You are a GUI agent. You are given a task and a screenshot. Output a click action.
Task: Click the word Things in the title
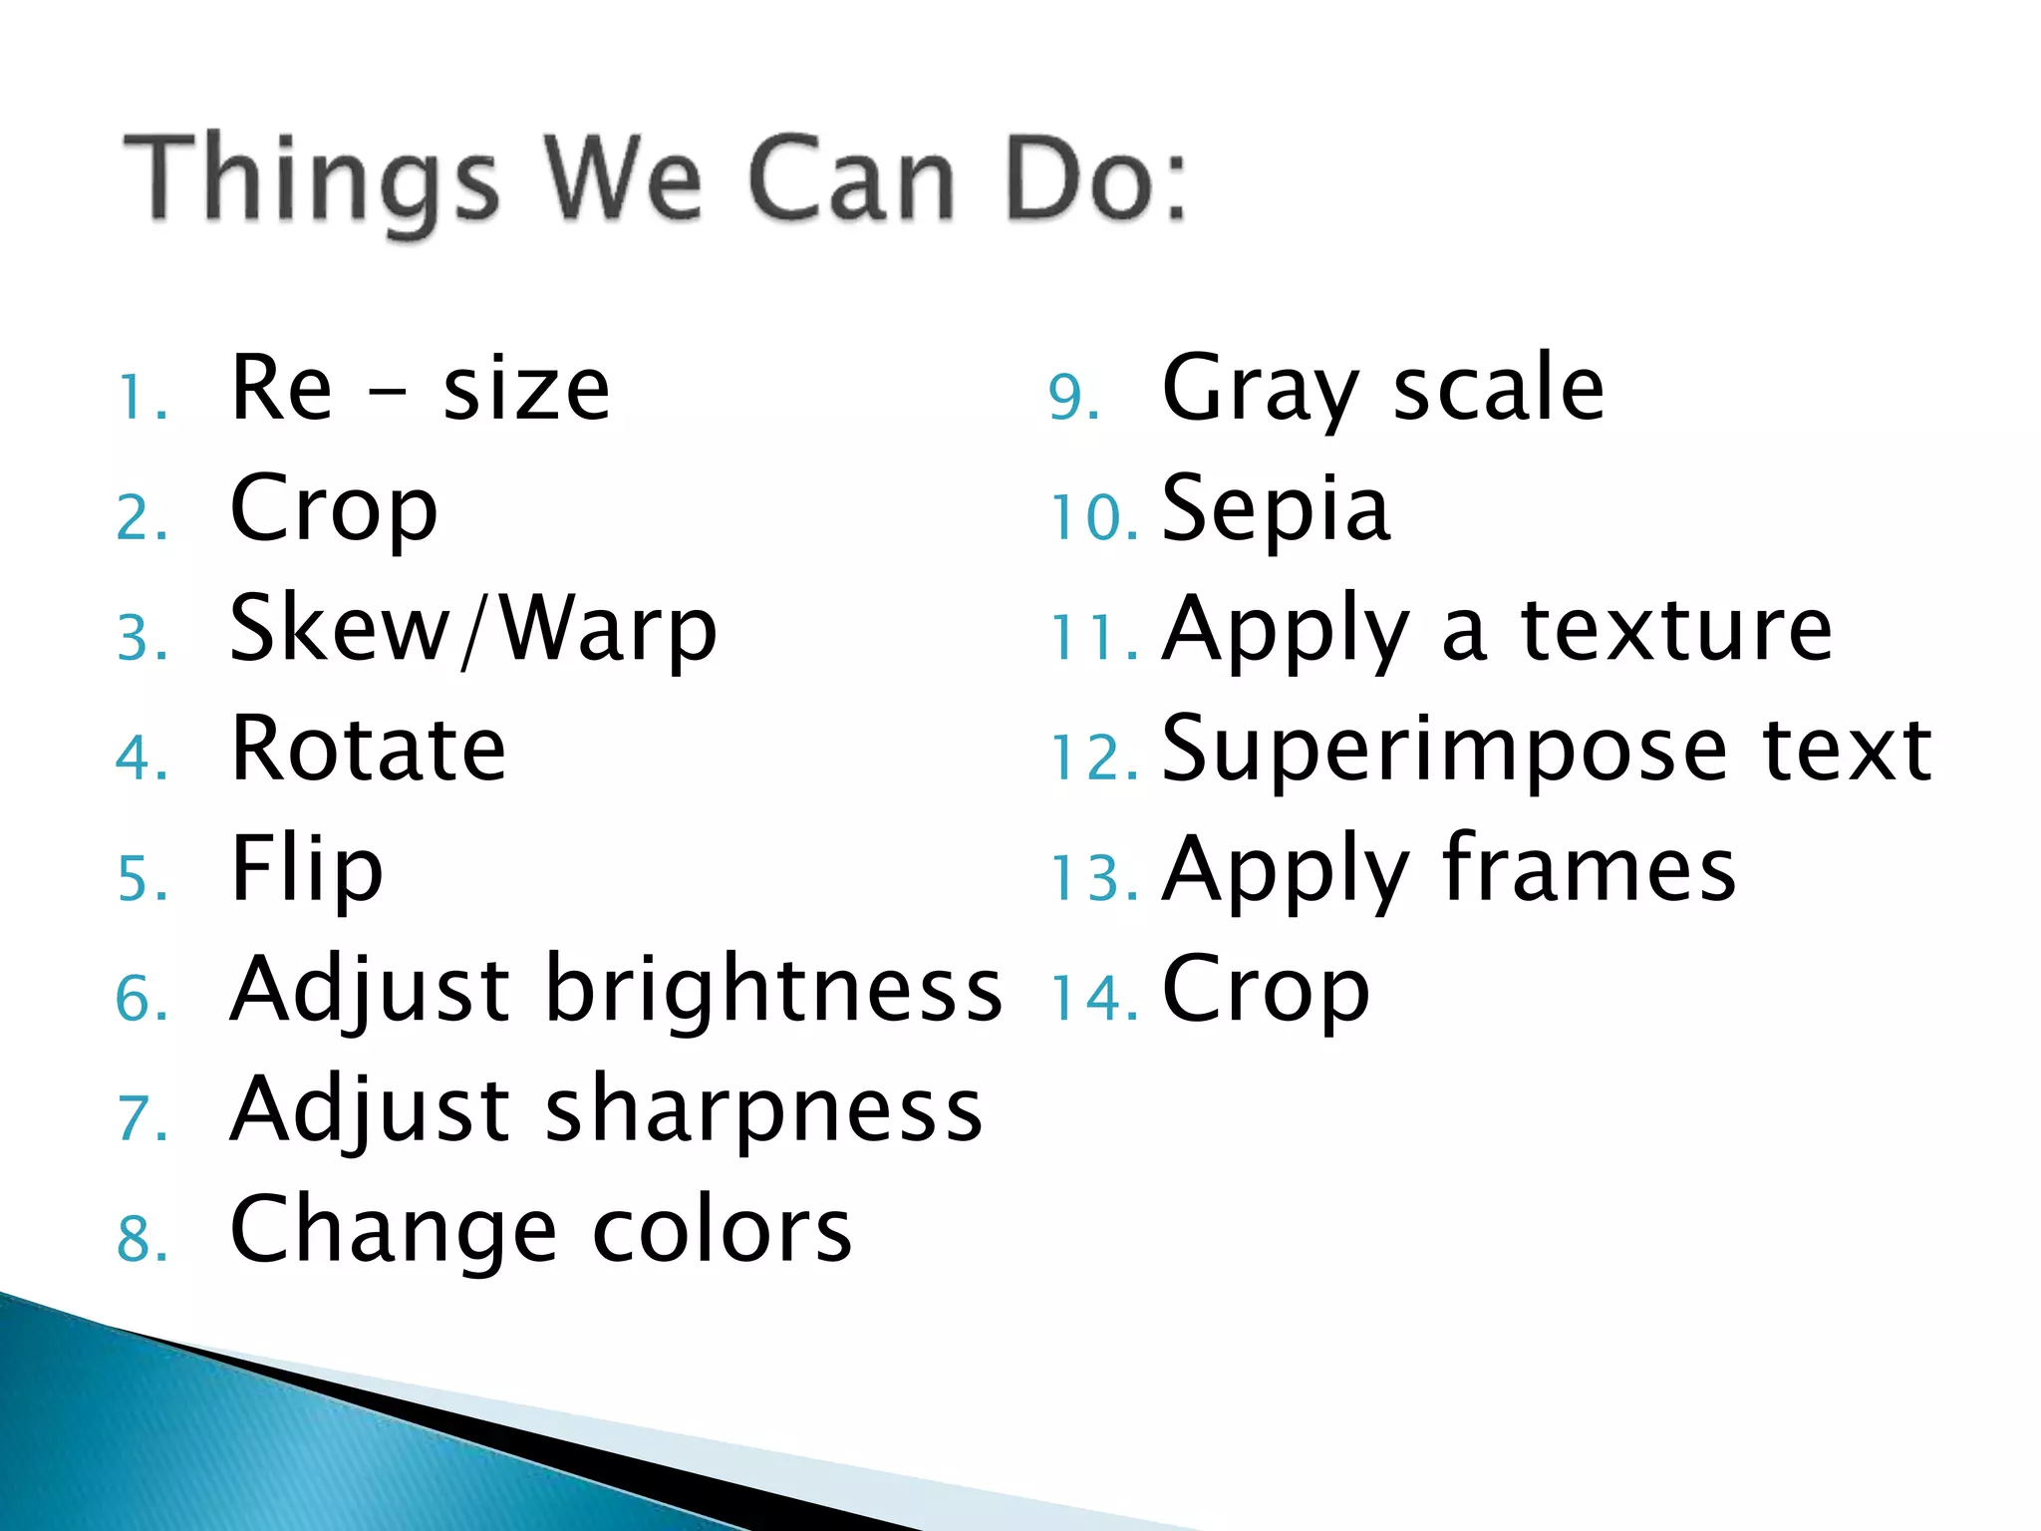point(310,179)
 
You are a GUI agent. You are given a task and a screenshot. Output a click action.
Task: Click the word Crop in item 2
point(333,510)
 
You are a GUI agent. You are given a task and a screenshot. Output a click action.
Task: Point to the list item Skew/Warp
point(472,630)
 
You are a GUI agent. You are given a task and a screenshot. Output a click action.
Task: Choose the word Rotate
point(368,750)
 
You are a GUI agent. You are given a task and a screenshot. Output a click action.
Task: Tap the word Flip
point(306,870)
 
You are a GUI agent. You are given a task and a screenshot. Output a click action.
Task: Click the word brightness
point(773,991)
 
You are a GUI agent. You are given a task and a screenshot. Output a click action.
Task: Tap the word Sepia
point(1275,510)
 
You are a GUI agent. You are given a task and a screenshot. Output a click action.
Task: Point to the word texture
point(1676,630)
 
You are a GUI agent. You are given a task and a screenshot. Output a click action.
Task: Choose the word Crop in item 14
point(1266,991)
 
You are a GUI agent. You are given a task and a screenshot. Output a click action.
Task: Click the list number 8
point(141,1239)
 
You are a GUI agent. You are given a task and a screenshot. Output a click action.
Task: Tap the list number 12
point(1093,758)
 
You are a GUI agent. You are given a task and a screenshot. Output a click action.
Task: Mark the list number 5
point(141,878)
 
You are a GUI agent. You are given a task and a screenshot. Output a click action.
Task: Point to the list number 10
point(1093,518)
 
